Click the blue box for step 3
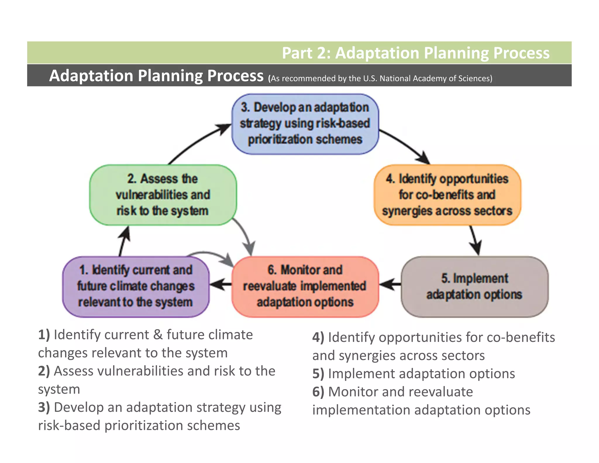click(x=305, y=124)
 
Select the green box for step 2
click(x=163, y=195)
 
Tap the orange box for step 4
click(x=447, y=195)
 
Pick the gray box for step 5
click(x=474, y=287)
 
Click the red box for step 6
click(x=305, y=287)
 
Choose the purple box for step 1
click(x=136, y=287)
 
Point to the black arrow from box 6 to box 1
click(x=221, y=284)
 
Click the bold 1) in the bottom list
click(x=44, y=335)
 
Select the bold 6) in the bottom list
click(x=318, y=392)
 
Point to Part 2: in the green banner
click(x=306, y=53)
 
